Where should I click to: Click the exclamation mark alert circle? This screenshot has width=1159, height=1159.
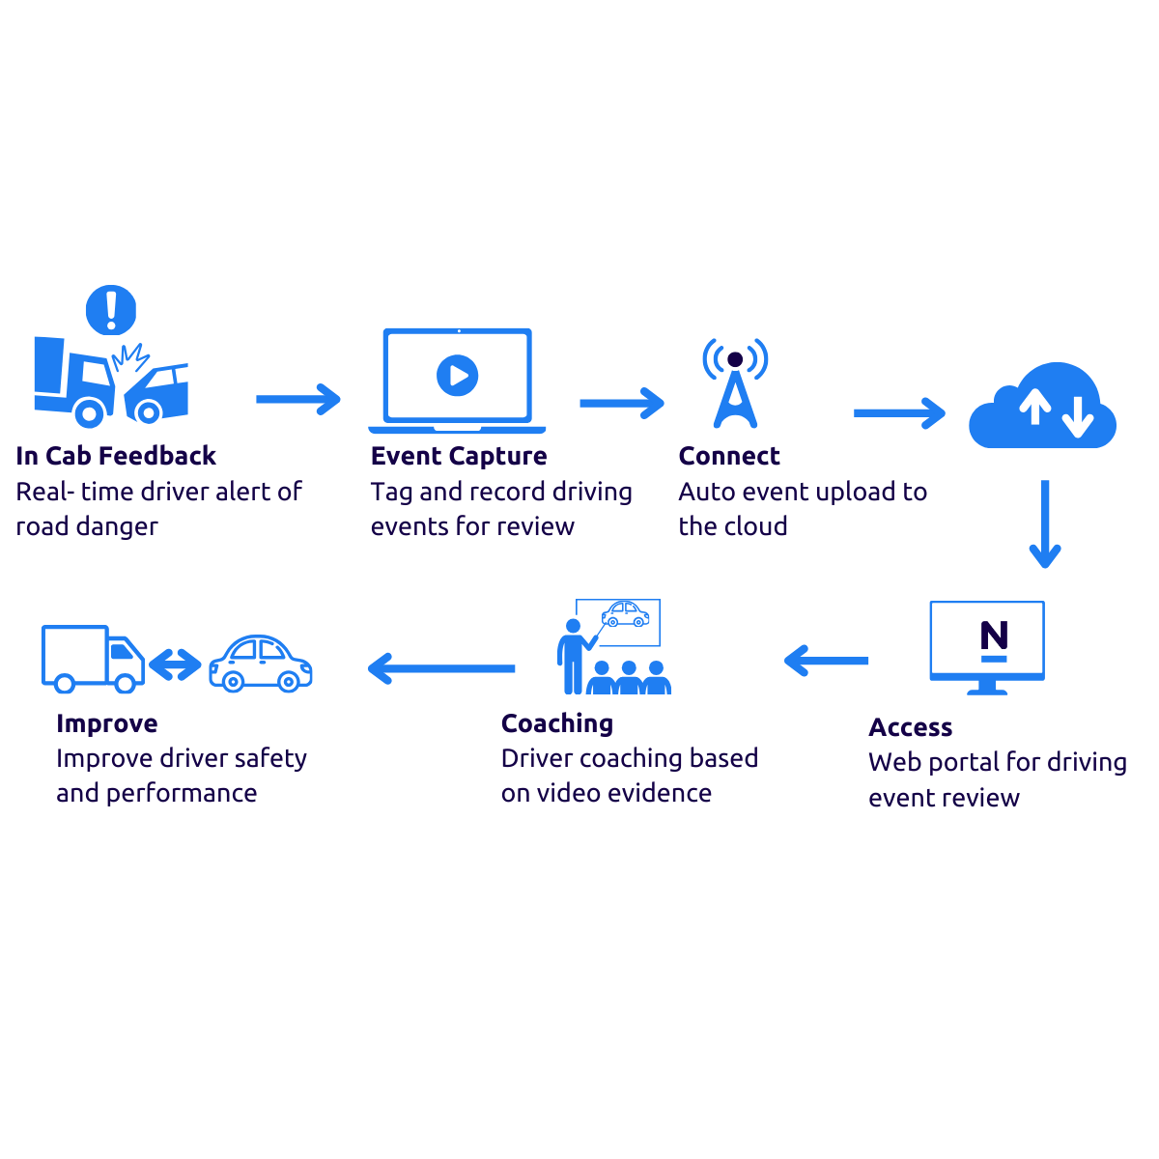111,309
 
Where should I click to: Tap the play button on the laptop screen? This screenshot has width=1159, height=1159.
457,375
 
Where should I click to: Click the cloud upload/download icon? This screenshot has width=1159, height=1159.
1043,409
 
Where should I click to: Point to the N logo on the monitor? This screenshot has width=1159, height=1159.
994,640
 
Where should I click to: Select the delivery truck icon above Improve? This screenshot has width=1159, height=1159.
92,659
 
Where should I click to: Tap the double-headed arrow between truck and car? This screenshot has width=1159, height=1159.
175,664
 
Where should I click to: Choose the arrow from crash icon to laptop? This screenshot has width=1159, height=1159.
298,399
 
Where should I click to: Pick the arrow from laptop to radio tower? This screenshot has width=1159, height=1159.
622,403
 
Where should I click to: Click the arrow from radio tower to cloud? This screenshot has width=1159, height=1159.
899,413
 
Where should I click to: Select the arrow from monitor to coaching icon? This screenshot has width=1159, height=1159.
826,662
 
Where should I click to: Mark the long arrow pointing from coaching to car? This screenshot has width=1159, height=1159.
441,668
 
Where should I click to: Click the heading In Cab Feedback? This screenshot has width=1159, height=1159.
116,456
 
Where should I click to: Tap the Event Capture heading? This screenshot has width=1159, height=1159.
459,456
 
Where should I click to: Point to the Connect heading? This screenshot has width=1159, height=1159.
729,456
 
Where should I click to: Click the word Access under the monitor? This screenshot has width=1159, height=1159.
910,727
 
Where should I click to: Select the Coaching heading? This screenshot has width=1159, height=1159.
556,723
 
